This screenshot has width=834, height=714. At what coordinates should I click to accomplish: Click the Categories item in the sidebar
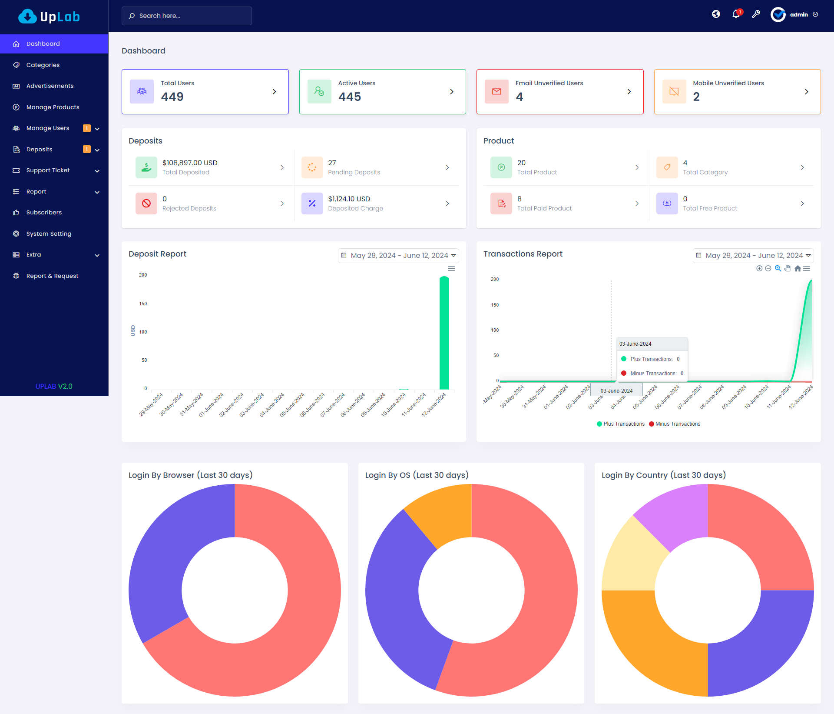coord(43,65)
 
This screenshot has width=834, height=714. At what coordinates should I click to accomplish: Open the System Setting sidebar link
coord(48,234)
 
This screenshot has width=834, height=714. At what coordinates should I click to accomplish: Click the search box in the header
coord(187,16)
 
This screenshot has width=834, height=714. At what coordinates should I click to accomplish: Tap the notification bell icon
coord(736,14)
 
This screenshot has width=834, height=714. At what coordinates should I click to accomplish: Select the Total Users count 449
coord(172,97)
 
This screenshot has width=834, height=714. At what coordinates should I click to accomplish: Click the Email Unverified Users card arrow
coord(629,92)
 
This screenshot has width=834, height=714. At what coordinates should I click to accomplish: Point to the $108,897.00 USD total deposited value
coord(190,163)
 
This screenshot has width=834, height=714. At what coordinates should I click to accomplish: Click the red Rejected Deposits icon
coord(146,204)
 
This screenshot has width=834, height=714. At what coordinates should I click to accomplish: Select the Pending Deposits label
coord(354,172)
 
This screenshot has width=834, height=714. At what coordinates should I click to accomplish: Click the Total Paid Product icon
coord(501,204)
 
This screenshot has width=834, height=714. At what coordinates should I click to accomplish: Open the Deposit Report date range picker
coord(398,256)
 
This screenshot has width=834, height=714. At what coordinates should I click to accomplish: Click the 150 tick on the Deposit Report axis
coord(143,304)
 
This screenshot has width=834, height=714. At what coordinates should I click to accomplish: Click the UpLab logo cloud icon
coord(27,17)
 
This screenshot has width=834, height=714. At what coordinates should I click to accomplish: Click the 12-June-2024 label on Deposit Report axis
coord(434,405)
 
